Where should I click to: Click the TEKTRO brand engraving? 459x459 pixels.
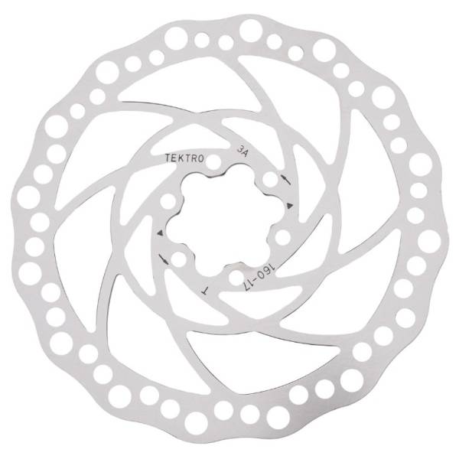pyautogui.click(x=184, y=158)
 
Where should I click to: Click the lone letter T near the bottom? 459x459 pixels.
pyautogui.click(x=206, y=291)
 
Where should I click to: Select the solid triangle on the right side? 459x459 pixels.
pyautogui.click(x=290, y=205)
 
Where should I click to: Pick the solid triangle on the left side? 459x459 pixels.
pyautogui.click(x=160, y=233)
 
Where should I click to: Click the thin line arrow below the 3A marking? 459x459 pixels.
pyautogui.click(x=285, y=180)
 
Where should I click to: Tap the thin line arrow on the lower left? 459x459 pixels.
pyautogui.click(x=164, y=259)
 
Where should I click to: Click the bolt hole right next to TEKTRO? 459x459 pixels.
pyautogui.click(x=213, y=162)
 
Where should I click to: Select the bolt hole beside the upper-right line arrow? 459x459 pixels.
pyautogui.click(x=270, y=180)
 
